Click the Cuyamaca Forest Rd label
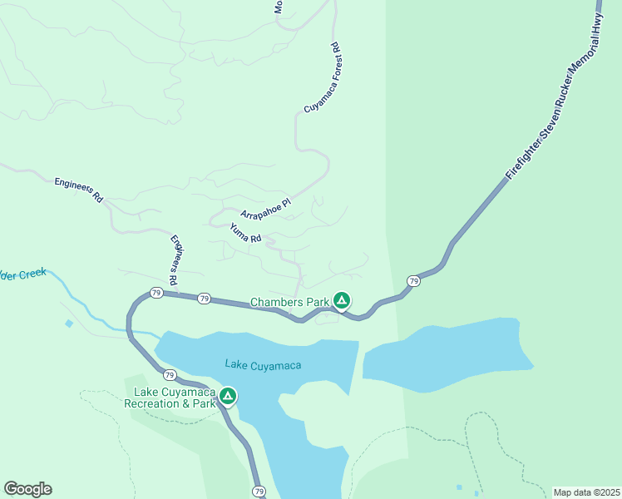[323, 79]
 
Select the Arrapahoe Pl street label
[266, 208]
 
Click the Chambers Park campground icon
[341, 300]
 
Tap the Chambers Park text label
[289, 302]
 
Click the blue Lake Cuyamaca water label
[262, 364]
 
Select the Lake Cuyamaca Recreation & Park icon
[227, 397]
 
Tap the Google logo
[27, 489]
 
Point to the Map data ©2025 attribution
[586, 492]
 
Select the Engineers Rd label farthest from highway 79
[78, 190]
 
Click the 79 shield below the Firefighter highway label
[413, 281]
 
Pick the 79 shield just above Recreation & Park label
[169, 375]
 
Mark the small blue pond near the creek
[68, 323]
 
